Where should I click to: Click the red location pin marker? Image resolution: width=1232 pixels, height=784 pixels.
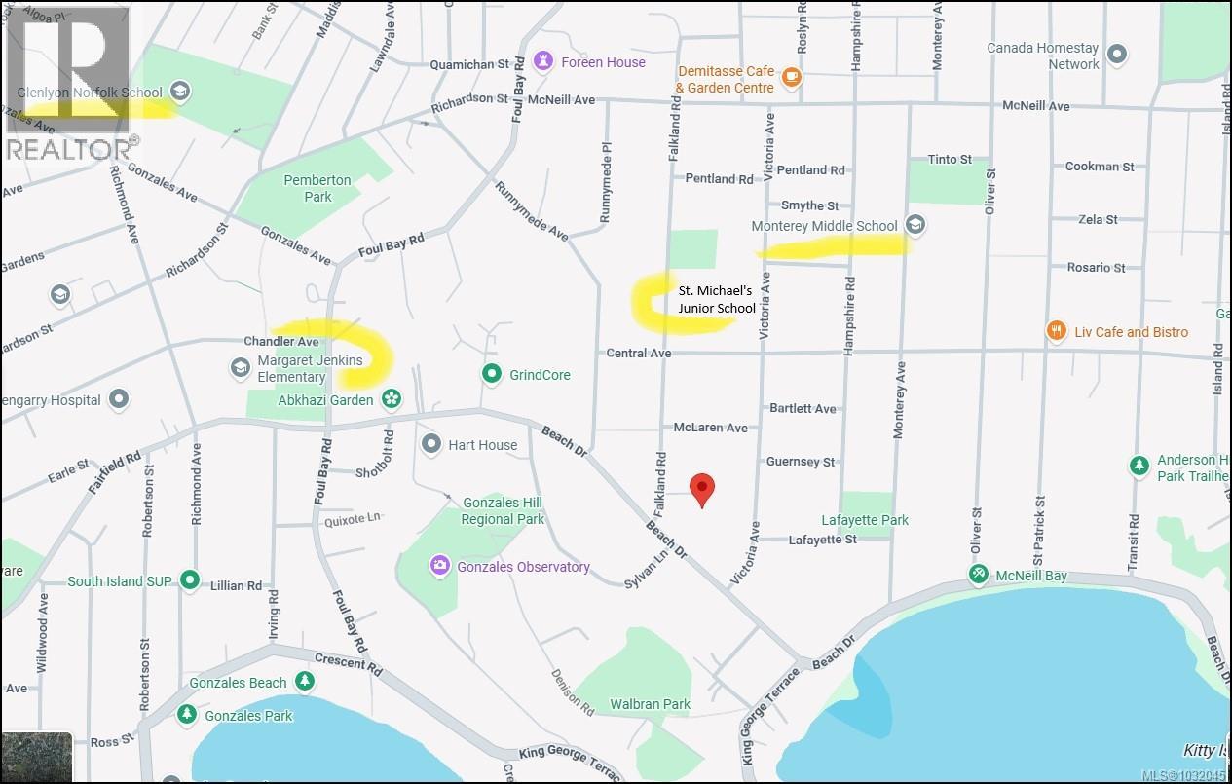click(702, 488)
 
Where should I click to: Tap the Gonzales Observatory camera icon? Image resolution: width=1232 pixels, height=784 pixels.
click(440, 566)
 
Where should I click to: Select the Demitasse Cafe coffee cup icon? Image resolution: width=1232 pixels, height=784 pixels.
click(791, 78)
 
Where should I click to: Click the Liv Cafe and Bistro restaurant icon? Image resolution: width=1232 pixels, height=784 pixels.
click(1055, 332)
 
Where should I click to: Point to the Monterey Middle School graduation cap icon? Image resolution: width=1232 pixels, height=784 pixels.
click(914, 225)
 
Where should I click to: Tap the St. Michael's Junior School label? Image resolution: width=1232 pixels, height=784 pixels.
click(717, 299)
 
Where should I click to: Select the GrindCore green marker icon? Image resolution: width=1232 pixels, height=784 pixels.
click(493, 374)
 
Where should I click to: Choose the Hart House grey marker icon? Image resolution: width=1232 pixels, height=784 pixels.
click(432, 444)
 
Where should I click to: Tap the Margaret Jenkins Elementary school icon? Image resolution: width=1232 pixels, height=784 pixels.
click(240, 367)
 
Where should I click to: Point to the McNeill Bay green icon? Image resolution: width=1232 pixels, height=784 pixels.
click(979, 576)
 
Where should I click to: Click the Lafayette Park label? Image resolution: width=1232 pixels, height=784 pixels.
click(865, 520)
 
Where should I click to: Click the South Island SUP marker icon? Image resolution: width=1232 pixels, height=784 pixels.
click(190, 581)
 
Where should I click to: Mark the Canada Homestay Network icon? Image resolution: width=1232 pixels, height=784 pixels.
click(1117, 55)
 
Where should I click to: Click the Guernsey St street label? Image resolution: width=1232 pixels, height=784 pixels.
click(800, 462)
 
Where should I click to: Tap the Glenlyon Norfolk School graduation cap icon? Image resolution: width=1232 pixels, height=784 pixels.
click(179, 93)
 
